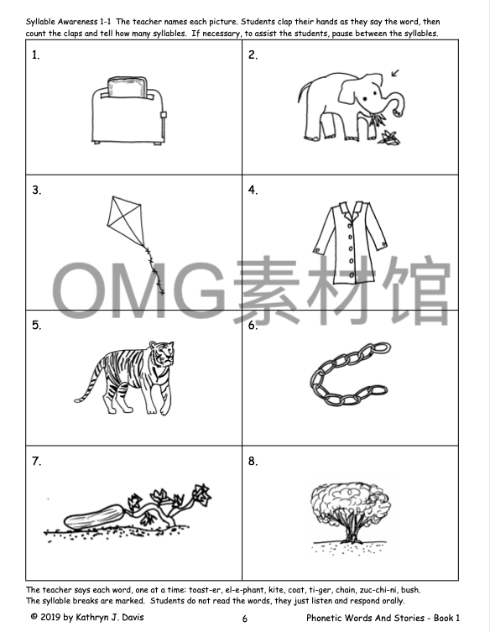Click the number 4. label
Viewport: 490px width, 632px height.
coord(253,190)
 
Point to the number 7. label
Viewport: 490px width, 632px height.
coord(37,461)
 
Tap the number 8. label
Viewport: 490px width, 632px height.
coord(253,461)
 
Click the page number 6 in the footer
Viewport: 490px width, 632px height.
coord(244,619)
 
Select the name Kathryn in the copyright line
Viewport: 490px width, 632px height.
coord(92,618)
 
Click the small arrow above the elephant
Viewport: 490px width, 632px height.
coord(395,72)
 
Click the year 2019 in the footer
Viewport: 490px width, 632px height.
coord(55,618)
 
